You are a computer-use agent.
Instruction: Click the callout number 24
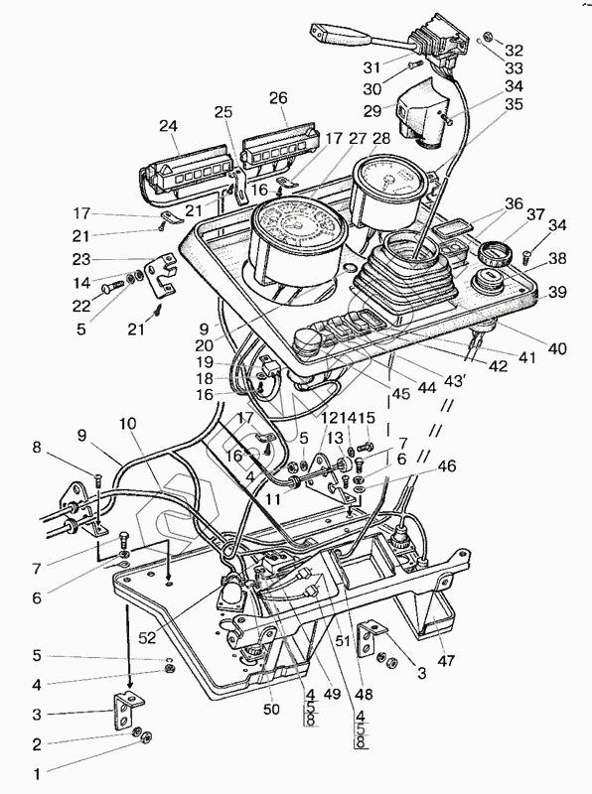click(169, 127)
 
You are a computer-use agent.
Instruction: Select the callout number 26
click(278, 97)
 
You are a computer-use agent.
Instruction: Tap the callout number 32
click(514, 51)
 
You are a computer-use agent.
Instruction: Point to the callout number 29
click(372, 111)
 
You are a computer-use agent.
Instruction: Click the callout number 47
click(446, 660)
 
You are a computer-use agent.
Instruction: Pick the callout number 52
click(148, 638)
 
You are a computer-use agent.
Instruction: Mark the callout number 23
click(81, 260)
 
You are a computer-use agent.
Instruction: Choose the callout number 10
click(128, 425)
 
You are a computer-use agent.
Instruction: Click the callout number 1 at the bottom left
click(37, 774)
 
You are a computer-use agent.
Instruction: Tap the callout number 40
click(557, 349)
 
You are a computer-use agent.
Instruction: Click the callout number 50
click(271, 710)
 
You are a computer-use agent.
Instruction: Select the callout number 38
click(557, 259)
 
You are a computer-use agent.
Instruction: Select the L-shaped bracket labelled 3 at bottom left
click(127, 710)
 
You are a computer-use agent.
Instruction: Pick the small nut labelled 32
click(488, 37)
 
